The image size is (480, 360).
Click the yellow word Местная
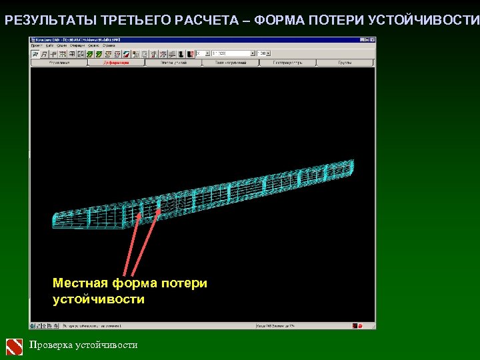pos(79,283)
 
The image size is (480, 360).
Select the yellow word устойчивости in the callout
pos(98,299)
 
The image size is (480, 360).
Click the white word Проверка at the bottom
pos(51,345)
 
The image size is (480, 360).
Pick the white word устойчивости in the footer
pos(107,345)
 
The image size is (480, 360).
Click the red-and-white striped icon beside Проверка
pos(14,346)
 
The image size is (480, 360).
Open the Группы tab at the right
pos(345,63)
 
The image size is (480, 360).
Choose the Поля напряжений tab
pos(230,63)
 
